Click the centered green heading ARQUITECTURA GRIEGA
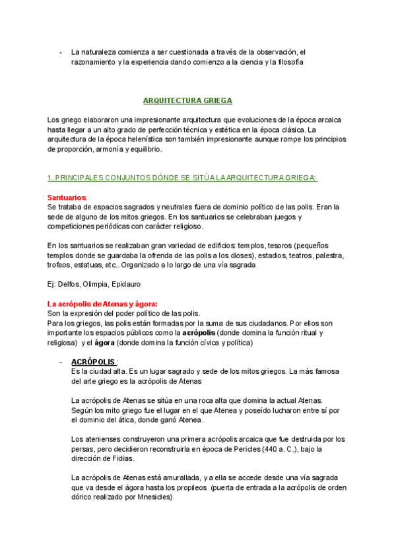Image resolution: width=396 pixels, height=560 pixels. click(x=187, y=101)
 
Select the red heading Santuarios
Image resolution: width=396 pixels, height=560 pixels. click(x=67, y=197)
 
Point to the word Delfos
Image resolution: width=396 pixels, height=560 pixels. click(x=69, y=284)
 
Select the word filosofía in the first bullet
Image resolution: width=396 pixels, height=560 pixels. click(x=286, y=61)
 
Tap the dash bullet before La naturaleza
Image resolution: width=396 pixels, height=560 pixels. click(x=61, y=52)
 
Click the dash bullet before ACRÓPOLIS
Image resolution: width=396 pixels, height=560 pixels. click(x=61, y=363)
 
